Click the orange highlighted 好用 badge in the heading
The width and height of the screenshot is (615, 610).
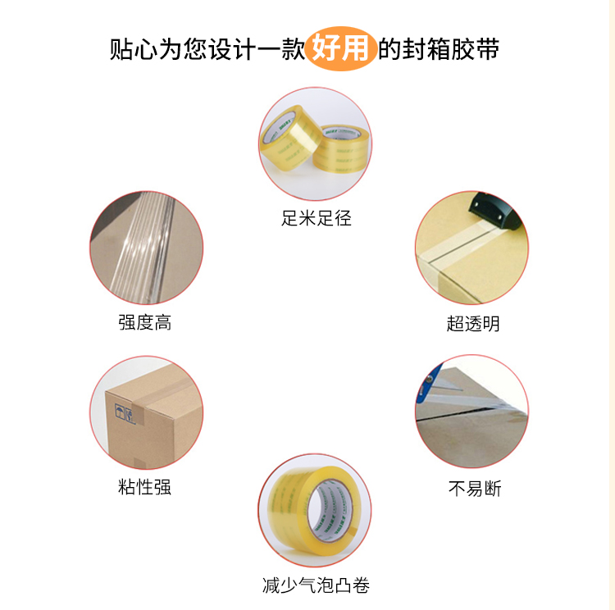coord(340,48)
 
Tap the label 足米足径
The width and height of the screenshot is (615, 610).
coord(317,218)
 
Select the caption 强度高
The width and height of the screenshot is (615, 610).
coord(144,322)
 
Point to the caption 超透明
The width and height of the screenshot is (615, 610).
coord(473,324)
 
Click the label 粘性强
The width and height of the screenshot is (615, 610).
coord(144,487)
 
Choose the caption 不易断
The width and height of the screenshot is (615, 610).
coord(475,489)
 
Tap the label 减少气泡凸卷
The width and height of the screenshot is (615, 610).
coord(317,585)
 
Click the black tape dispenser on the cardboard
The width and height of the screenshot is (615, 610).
coord(495,211)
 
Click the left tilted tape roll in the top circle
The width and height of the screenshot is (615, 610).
coord(289,140)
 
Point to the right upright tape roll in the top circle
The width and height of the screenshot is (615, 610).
coord(340,149)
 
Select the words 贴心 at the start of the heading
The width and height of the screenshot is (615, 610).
coord(134,49)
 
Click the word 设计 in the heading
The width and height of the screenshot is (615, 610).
coord(231,49)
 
